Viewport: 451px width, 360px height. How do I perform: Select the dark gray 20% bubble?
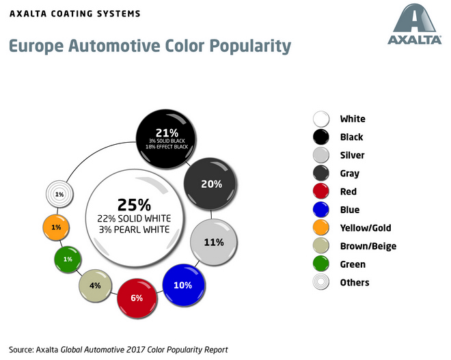[x=211, y=182]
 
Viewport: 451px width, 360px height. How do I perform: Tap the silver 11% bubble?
[x=214, y=242]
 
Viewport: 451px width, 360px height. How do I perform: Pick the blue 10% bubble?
[x=183, y=285]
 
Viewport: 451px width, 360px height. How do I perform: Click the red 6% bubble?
[x=137, y=298]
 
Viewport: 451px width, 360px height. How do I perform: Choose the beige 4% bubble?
[x=96, y=286]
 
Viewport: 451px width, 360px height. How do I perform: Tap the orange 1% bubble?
[x=56, y=227]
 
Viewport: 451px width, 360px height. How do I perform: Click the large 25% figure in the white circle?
[x=134, y=204]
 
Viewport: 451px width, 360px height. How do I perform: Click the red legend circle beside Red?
[x=320, y=192]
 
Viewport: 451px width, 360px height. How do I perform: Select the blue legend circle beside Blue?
[x=320, y=210]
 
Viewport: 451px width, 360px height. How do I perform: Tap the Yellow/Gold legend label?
[x=365, y=228]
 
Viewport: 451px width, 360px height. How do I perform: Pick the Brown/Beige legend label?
[x=368, y=246]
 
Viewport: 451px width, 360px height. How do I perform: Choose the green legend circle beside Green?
[x=320, y=264]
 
